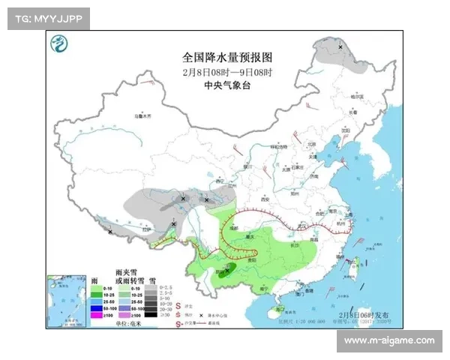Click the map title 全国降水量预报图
tap(226, 58)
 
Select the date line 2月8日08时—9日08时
tap(226, 72)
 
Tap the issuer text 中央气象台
tap(226, 85)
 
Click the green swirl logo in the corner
tap(58, 46)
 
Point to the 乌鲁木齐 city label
tap(142, 117)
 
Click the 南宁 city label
tap(262, 287)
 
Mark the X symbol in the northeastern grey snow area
tap(340, 47)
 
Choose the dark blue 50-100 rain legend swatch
tap(95, 308)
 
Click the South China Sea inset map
tap(65, 300)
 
